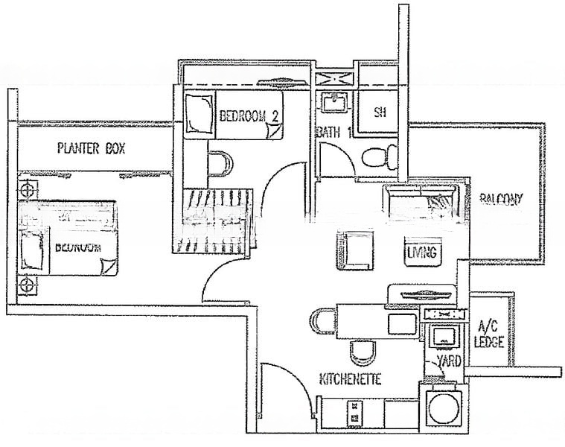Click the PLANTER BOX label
91,148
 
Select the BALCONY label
501,199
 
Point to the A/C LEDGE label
490,335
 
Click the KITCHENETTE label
350,379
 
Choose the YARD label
449,361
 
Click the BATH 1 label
333,133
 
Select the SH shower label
380,113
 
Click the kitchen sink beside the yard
445,335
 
